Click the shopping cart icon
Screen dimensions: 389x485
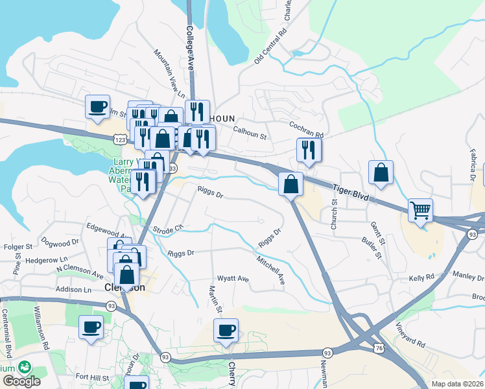[421, 211]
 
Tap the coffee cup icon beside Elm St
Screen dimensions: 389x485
[98, 106]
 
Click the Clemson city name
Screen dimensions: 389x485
[124, 287]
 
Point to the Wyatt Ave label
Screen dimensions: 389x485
[233, 279]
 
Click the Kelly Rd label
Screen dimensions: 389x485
[421, 277]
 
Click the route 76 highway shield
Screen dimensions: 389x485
[377, 349]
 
